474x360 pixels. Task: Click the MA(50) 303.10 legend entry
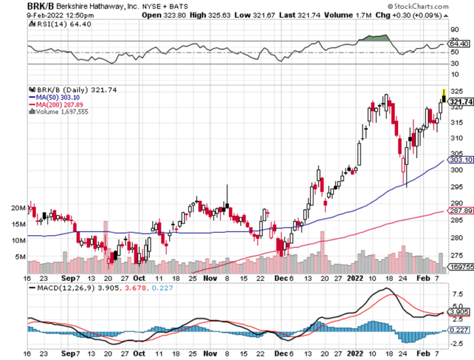(54, 97)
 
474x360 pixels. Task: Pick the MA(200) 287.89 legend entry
(56, 104)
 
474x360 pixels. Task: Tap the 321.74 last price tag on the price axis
(461, 102)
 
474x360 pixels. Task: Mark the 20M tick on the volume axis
(19, 208)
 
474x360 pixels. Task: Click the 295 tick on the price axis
(455, 186)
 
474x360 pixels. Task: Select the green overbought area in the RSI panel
(377, 38)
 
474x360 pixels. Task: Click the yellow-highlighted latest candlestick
(443, 96)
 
